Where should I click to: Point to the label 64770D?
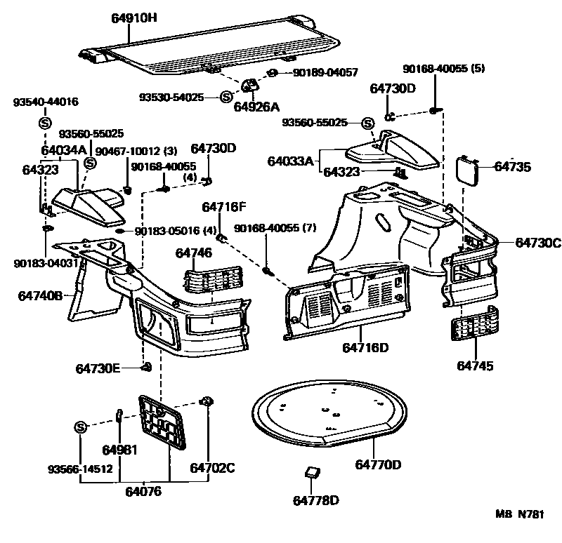pos(377,464)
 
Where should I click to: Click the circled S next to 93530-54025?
pos(226,97)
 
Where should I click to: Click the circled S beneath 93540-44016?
pos(43,123)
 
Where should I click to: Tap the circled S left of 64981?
pos(80,428)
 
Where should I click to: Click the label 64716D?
pos(365,348)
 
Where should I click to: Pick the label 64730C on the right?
pos(538,243)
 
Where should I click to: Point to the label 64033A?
pos(290,161)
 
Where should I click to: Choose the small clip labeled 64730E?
pos(148,367)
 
